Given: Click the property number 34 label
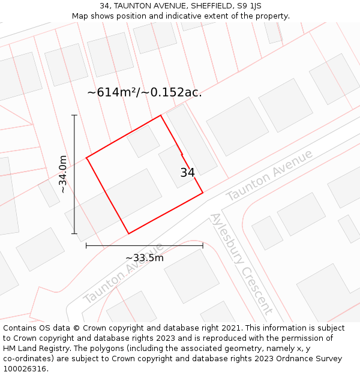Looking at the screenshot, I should point(187,173).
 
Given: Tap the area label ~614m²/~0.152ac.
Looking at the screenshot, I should point(145,92).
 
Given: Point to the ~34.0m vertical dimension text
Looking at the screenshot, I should point(62,174).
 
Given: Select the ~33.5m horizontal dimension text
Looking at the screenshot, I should point(144,258).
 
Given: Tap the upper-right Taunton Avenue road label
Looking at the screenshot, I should point(269,175).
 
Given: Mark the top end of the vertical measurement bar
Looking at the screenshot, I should point(74,115).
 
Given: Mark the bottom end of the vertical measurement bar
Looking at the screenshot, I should point(74,233).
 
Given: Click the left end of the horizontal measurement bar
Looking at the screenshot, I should point(86,245).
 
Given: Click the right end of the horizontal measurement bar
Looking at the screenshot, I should point(203,245).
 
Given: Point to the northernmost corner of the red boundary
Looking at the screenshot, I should point(160,115).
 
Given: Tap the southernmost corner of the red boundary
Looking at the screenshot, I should point(128,233).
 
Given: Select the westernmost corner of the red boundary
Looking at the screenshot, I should point(86,158).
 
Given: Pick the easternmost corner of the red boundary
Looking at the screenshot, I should point(203,193).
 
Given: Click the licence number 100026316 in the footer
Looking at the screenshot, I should point(26,368).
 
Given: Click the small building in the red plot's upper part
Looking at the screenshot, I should point(143,141).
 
